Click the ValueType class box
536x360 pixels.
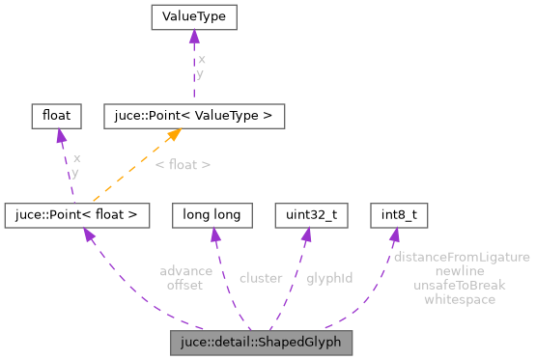click(193, 17)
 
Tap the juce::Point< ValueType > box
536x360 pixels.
click(193, 116)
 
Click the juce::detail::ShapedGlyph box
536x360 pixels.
click(261, 343)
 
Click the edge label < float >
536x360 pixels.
click(183, 165)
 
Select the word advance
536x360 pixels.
click(186, 271)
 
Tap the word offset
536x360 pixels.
click(184, 285)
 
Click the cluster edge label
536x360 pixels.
click(261, 278)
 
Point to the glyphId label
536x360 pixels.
click(329, 278)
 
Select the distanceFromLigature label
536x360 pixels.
click(462, 258)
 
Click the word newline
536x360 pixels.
click(460, 271)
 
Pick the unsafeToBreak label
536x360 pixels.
click(460, 286)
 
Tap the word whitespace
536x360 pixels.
click(460, 299)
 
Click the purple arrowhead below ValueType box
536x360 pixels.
click(193, 38)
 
